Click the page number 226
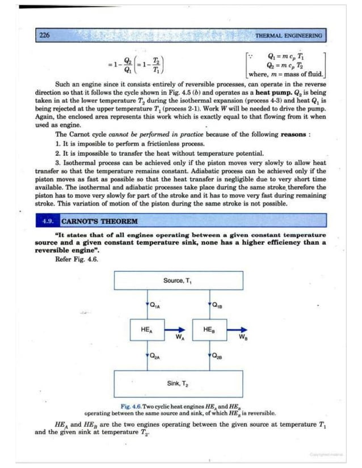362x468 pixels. pyautogui.click(x=44, y=35)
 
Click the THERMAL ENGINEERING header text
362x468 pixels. pyautogui.click(x=288, y=35)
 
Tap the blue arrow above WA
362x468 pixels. pyautogui.click(x=176, y=329)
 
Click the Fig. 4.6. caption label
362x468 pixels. pyautogui.click(x=133, y=407)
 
